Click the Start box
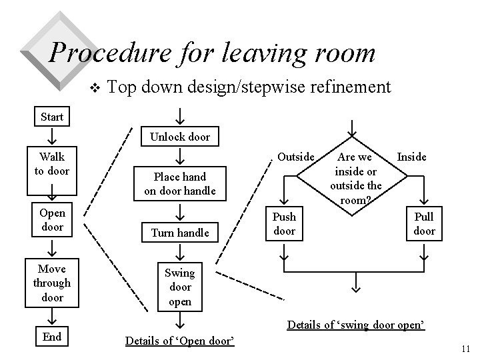tap(52, 117)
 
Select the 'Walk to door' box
tap(52, 163)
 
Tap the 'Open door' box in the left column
tap(52, 220)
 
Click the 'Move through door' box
tap(52, 283)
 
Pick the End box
tap(52, 337)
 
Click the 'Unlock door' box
tap(180, 137)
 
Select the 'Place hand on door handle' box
tap(180, 183)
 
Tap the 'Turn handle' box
tap(180, 233)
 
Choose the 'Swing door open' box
tap(180, 287)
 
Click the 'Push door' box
tap(285, 224)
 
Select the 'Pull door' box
tap(424, 224)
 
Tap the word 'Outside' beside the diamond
tap(295, 157)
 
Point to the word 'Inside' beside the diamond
tap(412, 157)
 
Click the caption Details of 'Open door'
tap(179, 341)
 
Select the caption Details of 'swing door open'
tap(356, 325)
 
